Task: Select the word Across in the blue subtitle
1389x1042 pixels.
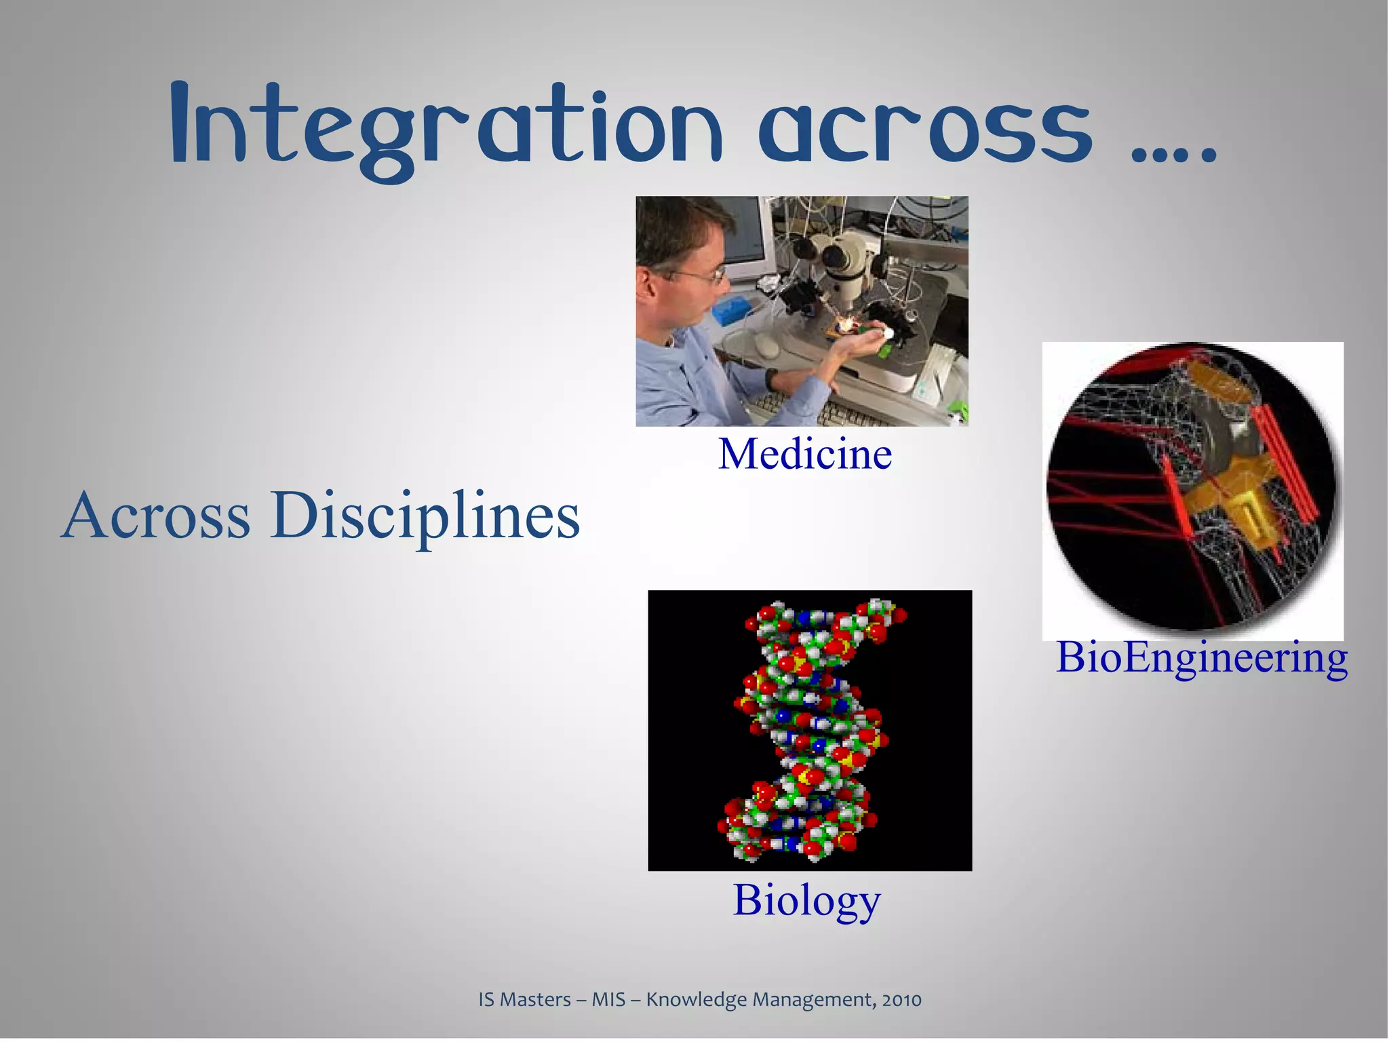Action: pos(156,516)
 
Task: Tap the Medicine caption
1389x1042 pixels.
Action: pos(805,454)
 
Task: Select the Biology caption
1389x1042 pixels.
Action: pos(806,900)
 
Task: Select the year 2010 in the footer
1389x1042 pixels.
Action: pos(901,1000)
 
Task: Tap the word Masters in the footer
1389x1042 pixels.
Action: pos(535,1000)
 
